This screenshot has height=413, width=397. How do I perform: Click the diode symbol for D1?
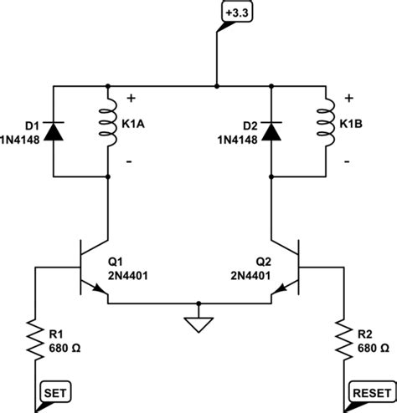pos(54,130)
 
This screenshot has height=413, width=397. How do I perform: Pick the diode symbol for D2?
pos(271,130)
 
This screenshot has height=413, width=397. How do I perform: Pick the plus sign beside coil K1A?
pos(131,98)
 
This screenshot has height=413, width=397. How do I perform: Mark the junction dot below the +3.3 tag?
pos(216,85)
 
